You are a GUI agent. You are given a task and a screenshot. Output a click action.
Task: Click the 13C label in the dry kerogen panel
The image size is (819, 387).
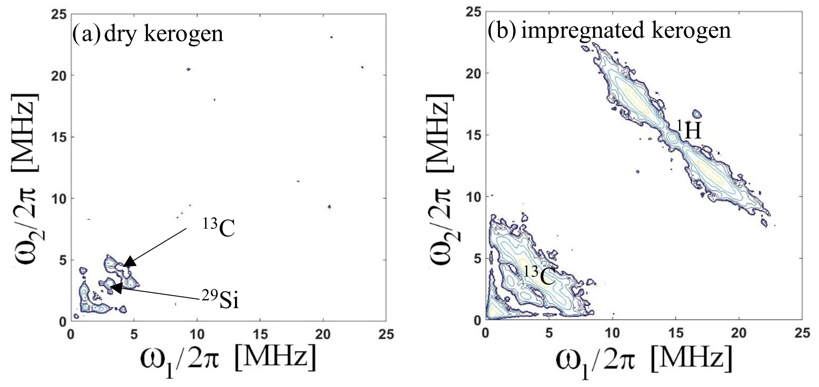(219, 228)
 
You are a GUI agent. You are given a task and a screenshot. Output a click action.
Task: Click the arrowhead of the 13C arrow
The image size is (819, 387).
(129, 261)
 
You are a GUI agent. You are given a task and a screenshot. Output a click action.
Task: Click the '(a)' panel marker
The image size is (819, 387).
(86, 34)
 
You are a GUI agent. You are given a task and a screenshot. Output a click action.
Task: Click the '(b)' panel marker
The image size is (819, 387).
(502, 30)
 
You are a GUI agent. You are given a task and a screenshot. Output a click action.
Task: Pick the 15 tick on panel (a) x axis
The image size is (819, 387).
(260, 334)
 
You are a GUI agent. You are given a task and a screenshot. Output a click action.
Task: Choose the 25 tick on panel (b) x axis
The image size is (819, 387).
(802, 333)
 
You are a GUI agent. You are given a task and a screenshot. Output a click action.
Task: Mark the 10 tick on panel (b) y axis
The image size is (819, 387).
(474, 197)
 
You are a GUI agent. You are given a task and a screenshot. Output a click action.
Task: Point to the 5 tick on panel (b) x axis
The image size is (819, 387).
(549, 333)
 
